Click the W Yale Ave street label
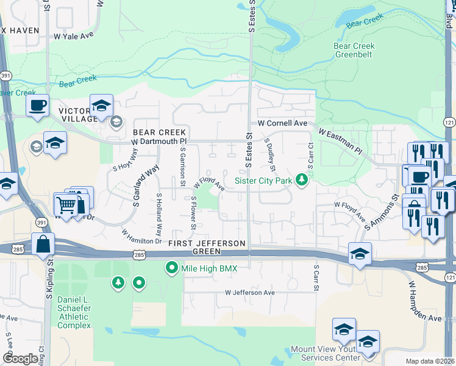pos(74,36)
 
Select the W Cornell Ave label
pos(282,123)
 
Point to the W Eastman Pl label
pos(340,142)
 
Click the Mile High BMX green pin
pos(172,268)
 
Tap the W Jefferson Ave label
pos(249,293)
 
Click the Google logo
pos(20,359)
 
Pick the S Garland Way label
pos(145,185)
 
